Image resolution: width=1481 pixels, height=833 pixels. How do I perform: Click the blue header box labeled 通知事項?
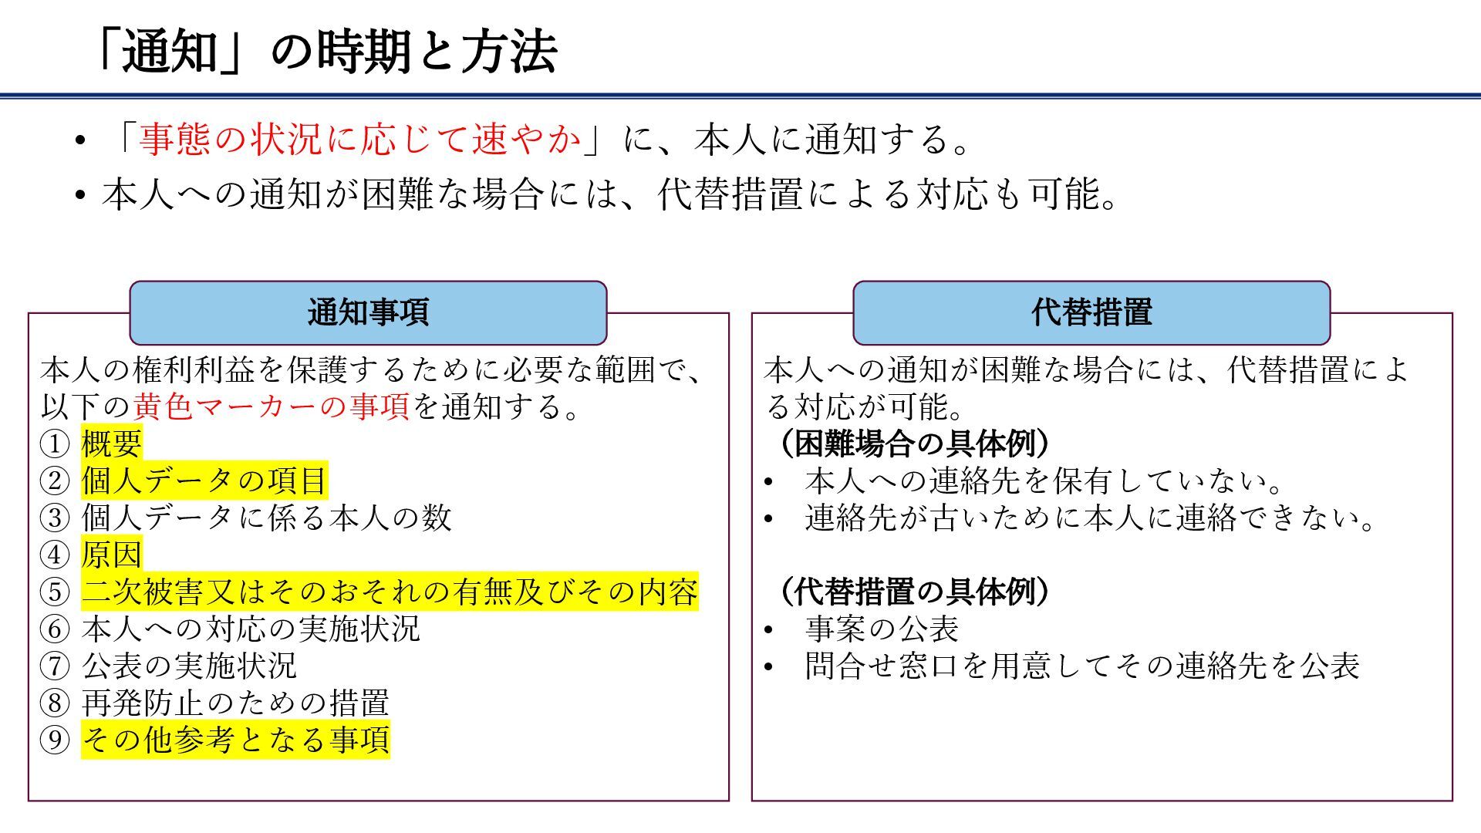click(368, 312)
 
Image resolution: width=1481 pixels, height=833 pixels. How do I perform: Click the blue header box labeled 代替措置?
click(1091, 312)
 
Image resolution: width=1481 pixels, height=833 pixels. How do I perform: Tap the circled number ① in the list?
click(55, 443)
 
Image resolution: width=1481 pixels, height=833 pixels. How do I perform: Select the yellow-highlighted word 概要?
click(112, 443)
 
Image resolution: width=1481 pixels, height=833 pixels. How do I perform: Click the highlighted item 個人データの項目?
click(204, 481)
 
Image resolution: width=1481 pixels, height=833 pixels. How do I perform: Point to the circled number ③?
click(55, 518)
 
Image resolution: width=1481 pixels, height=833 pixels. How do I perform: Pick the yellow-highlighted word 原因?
click(112, 555)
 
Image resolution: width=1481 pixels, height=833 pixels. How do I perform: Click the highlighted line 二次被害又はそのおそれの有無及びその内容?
click(390, 592)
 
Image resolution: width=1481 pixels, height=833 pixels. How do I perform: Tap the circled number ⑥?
click(55, 629)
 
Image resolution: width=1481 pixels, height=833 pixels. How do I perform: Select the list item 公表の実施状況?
click(189, 666)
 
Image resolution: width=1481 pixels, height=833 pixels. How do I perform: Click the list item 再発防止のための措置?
click(235, 703)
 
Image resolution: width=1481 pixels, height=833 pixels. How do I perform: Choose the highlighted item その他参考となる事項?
click(235, 740)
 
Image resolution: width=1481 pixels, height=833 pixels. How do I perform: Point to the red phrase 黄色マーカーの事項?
click(272, 406)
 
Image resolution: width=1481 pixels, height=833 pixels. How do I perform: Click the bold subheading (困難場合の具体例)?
click(914, 443)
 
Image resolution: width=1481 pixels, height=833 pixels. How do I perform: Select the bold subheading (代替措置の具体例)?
click(914, 592)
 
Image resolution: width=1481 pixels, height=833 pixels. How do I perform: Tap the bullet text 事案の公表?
click(882, 629)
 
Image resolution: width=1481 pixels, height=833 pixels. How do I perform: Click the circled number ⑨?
click(55, 740)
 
